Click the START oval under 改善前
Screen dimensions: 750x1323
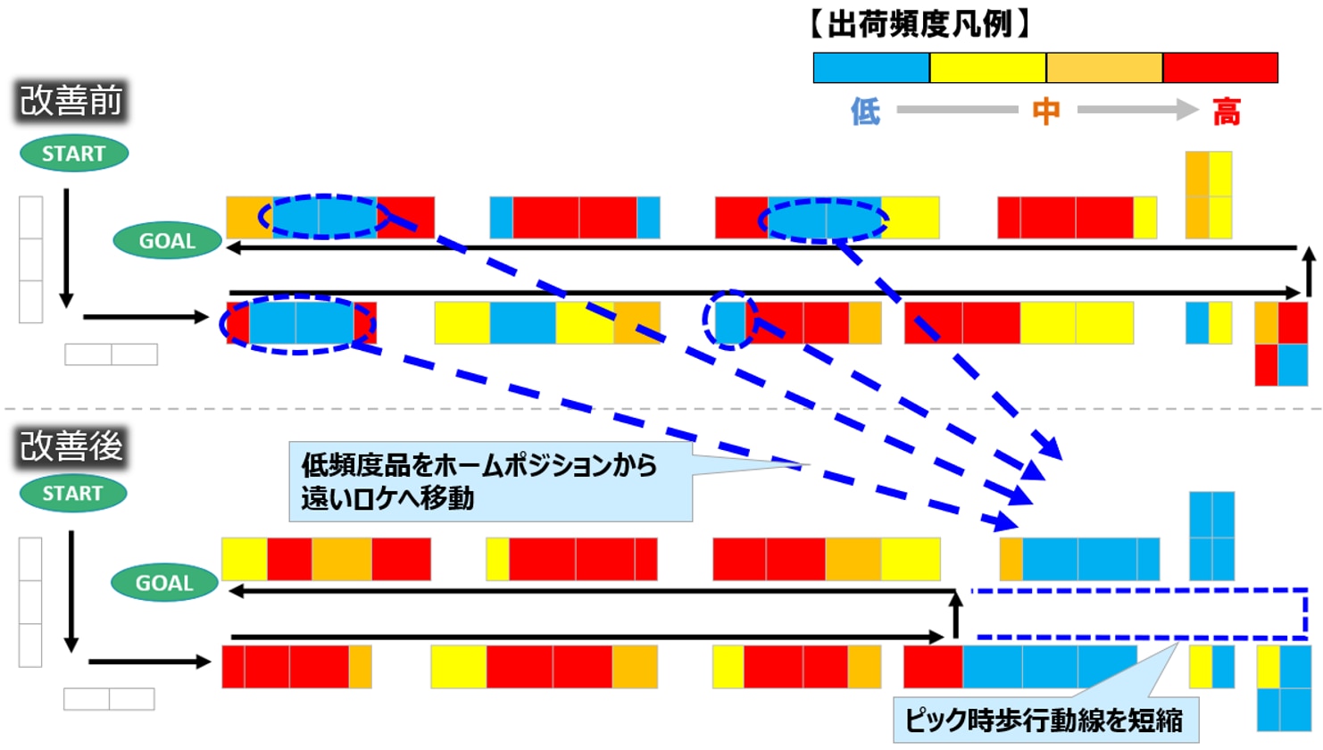tap(74, 154)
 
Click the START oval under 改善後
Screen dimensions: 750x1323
tap(72, 494)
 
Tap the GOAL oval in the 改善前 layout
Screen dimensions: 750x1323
tap(167, 241)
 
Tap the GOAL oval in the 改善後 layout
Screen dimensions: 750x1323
tap(164, 583)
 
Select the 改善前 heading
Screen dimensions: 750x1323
tap(71, 101)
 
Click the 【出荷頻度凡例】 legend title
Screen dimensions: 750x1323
tap(920, 24)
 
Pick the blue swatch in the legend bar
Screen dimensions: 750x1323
tap(871, 68)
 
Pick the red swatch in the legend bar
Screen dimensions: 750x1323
tap(1220, 68)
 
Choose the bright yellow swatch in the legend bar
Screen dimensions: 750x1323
tap(988, 68)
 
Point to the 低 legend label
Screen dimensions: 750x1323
tap(865, 112)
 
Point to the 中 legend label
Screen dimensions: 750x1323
tap(1046, 112)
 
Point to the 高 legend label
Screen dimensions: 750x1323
tap(1227, 112)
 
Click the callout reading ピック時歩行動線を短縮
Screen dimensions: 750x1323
tap(1044, 720)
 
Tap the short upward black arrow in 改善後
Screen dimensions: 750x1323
tap(955, 614)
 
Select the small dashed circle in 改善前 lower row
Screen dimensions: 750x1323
tap(729, 320)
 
